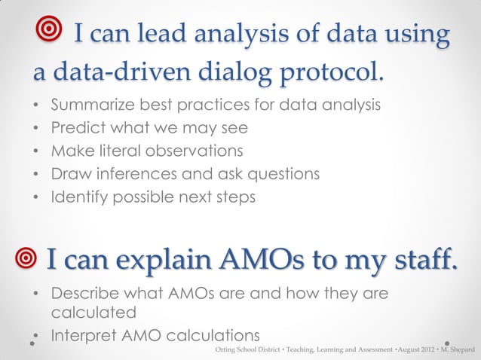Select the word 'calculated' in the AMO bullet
[93, 310]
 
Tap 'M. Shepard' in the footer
[457, 351]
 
